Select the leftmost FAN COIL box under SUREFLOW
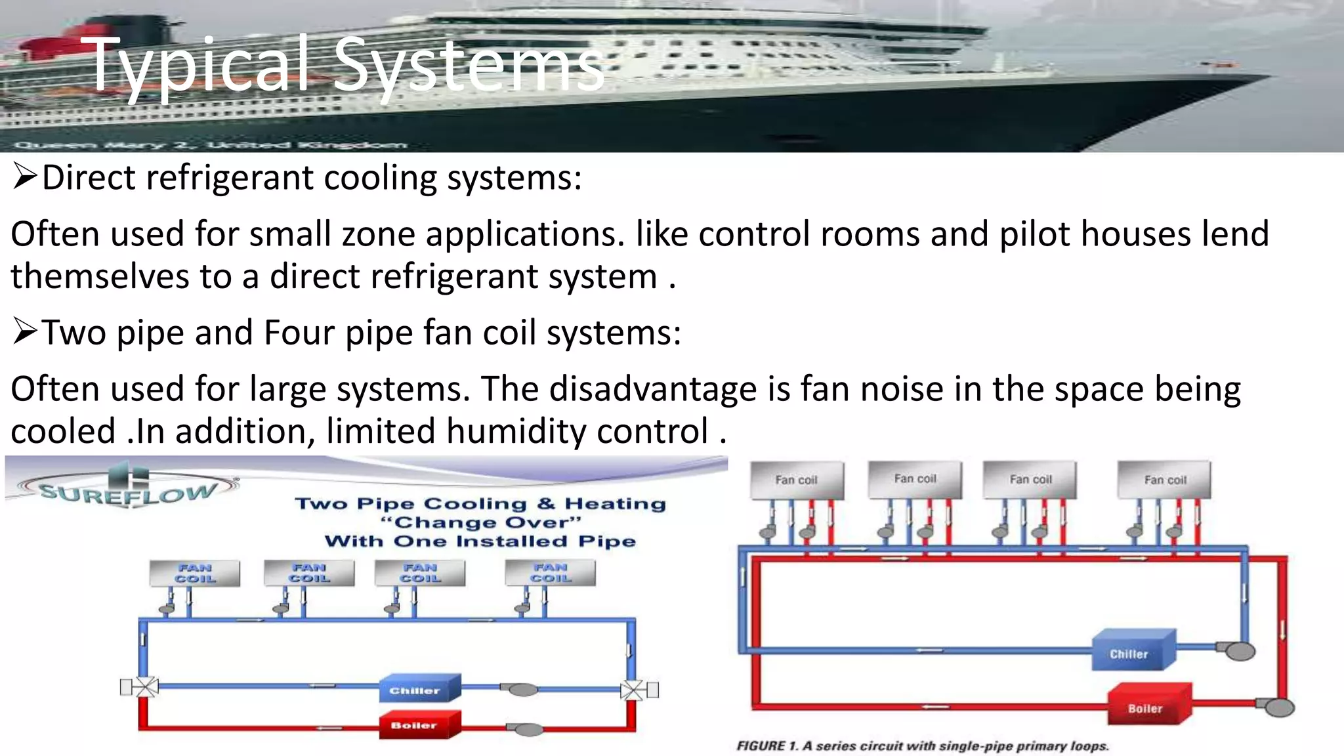[195, 573]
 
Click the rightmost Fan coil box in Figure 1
[1164, 480]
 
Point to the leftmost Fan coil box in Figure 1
[796, 480]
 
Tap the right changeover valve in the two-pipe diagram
[633, 689]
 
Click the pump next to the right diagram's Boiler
[1279, 707]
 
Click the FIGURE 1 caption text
[922, 746]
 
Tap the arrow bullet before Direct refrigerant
[24, 177]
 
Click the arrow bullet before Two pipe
[24, 332]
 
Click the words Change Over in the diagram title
[481, 522]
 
